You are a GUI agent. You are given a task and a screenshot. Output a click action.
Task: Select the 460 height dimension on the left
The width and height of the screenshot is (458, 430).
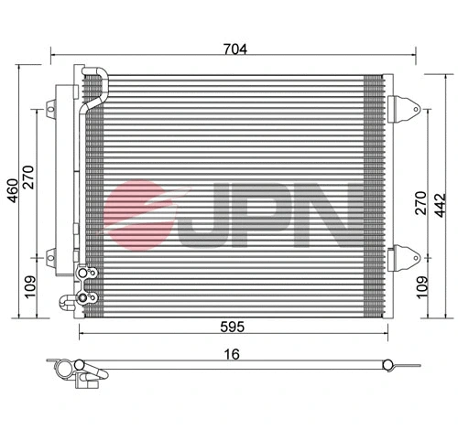pos(13,188)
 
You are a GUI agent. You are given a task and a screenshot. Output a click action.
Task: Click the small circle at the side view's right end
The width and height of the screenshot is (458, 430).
pos(388,368)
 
